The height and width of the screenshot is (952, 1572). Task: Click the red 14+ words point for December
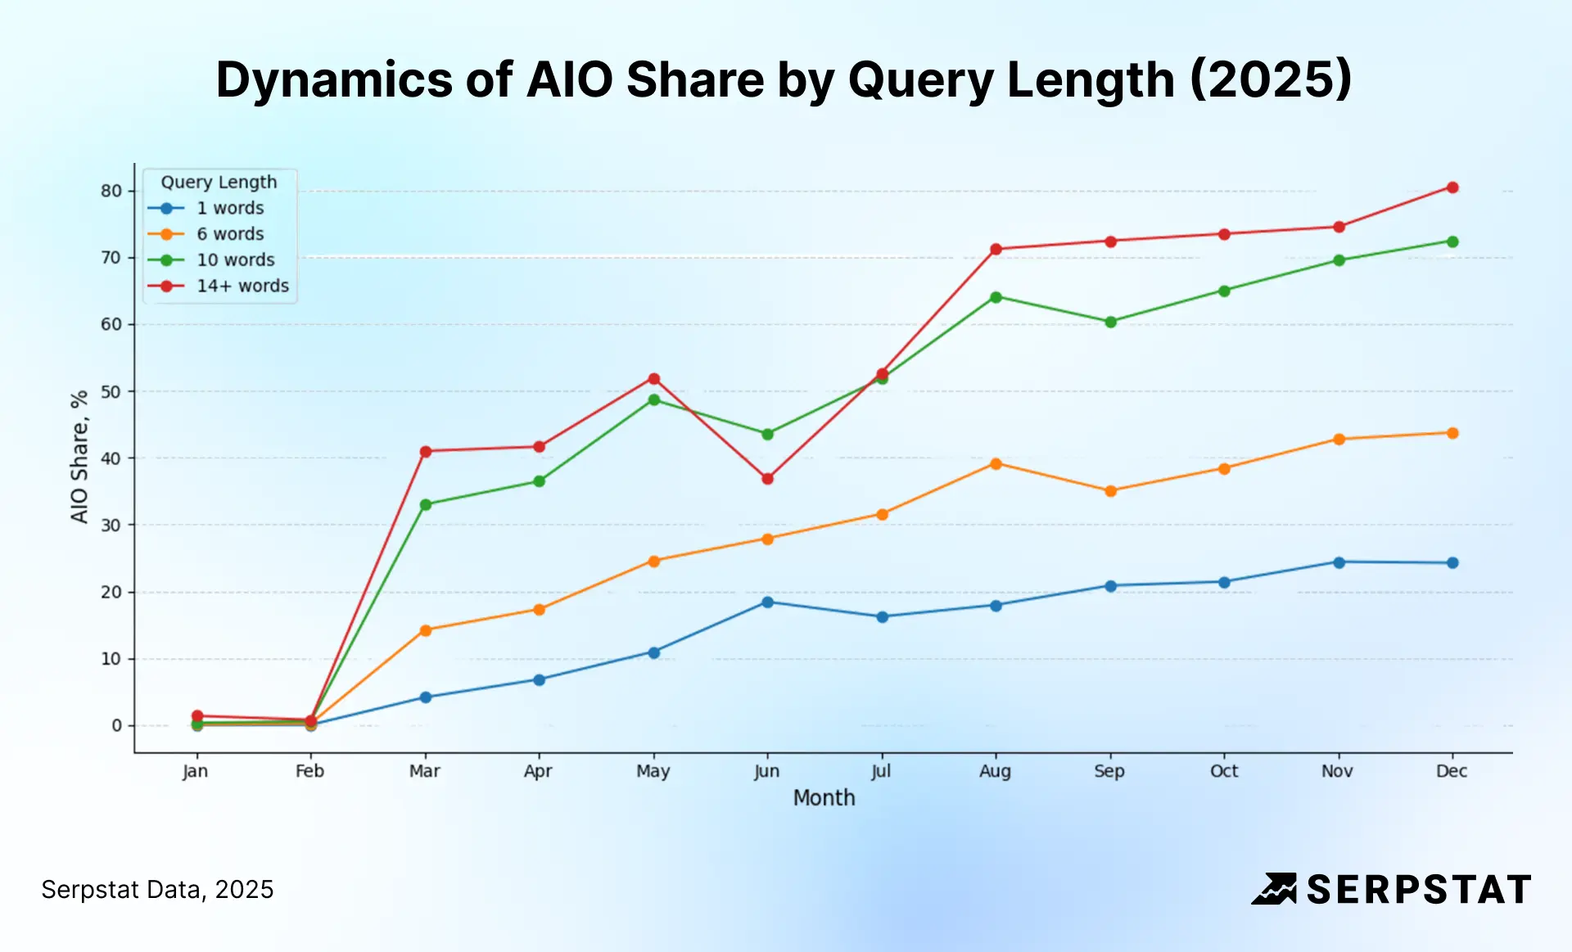[x=1452, y=187]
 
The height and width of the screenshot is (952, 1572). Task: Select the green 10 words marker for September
[x=1110, y=322]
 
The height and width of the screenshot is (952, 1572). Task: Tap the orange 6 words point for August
[x=996, y=464]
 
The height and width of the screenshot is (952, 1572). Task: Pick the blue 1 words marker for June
[x=767, y=602]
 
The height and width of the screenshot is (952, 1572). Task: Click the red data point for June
[x=767, y=479]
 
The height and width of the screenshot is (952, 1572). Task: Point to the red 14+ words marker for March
[x=425, y=452]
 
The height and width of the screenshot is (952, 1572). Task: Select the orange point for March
[x=425, y=630]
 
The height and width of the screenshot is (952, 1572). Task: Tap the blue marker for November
[x=1339, y=562]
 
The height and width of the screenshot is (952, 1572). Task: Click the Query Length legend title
[x=219, y=183]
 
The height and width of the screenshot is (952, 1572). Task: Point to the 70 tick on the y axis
[x=111, y=258]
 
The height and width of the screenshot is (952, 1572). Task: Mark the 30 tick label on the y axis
[x=111, y=526]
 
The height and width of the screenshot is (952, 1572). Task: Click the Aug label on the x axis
[x=995, y=771]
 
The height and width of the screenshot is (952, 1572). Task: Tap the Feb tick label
[x=309, y=771]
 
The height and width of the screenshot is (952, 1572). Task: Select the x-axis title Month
[x=824, y=798]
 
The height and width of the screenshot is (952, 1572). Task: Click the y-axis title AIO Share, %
[x=79, y=457]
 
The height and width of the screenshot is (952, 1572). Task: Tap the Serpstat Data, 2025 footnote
[x=157, y=890]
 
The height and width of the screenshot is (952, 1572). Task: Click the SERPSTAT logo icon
[x=1274, y=889]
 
